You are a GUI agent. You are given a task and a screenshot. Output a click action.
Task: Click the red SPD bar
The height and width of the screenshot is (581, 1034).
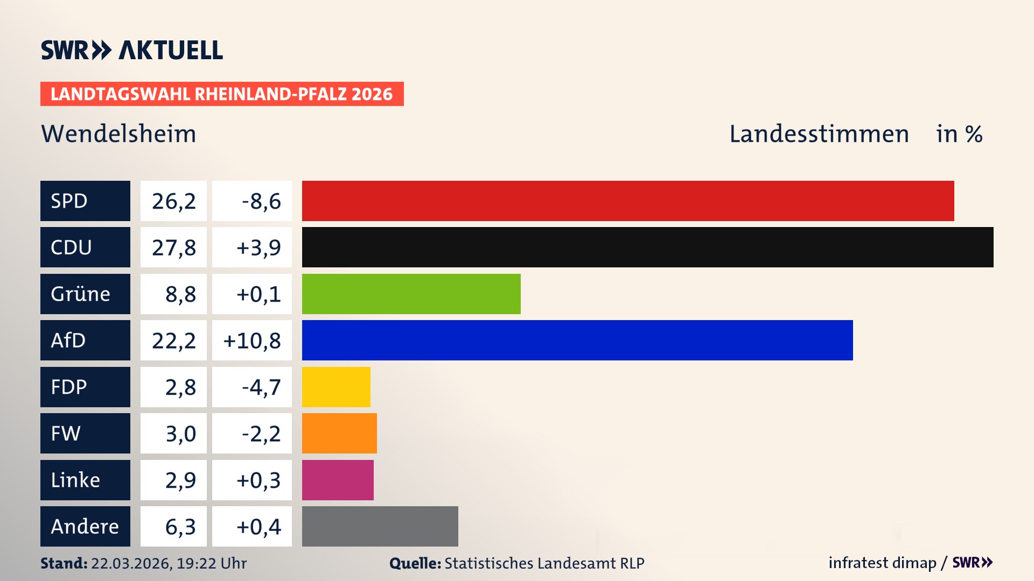pyautogui.click(x=627, y=201)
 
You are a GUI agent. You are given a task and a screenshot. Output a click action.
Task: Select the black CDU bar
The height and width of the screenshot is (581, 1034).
pyautogui.click(x=647, y=247)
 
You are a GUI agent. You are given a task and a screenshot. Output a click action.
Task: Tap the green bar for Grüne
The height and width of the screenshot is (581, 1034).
pyautogui.click(x=411, y=294)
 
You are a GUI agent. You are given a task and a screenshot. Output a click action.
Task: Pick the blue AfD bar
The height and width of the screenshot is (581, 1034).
pyautogui.click(x=577, y=340)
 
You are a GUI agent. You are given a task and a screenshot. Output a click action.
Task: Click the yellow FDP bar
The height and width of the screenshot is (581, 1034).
pyautogui.click(x=336, y=387)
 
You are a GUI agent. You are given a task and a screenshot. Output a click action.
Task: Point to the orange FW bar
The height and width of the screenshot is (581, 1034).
pyautogui.click(x=339, y=433)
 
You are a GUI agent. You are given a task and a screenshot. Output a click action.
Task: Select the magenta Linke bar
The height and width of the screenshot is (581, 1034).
pyautogui.click(x=338, y=480)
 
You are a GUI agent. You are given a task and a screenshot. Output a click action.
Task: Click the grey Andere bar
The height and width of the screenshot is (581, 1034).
pyautogui.click(x=380, y=526)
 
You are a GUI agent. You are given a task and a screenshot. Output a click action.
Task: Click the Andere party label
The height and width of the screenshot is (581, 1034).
pyautogui.click(x=85, y=526)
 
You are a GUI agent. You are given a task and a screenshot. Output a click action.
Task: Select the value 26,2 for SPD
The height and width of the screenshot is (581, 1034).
pyautogui.click(x=173, y=201)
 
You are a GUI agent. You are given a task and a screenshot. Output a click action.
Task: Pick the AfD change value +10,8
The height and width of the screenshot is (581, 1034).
pyautogui.click(x=251, y=340)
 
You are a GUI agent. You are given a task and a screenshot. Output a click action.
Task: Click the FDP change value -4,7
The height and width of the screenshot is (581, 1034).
pyautogui.click(x=261, y=387)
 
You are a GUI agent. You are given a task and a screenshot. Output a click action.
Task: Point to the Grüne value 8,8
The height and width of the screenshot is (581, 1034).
pyautogui.click(x=180, y=294)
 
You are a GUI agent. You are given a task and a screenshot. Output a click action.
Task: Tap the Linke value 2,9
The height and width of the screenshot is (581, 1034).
pyautogui.click(x=180, y=480)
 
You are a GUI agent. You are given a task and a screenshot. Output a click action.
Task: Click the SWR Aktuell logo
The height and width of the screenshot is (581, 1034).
pyautogui.click(x=131, y=50)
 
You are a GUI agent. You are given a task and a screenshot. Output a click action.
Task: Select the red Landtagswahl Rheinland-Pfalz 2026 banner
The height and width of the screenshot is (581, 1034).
pyautogui.click(x=221, y=94)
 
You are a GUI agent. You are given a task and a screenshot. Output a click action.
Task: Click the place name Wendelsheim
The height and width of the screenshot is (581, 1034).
pyautogui.click(x=118, y=133)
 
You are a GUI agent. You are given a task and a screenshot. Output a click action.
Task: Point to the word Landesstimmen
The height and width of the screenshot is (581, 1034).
pyautogui.click(x=819, y=133)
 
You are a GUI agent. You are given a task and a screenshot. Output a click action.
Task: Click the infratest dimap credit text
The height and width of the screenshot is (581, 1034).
pyautogui.click(x=882, y=563)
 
